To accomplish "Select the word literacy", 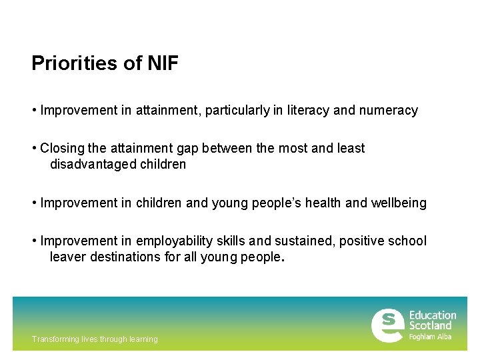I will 307,110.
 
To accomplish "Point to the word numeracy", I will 389,110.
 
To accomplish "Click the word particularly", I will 237,110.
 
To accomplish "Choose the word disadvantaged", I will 93,164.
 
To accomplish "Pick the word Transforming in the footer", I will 55,339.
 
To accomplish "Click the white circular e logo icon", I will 387,325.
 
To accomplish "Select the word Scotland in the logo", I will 430,325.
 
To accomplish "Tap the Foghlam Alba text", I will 430,337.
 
